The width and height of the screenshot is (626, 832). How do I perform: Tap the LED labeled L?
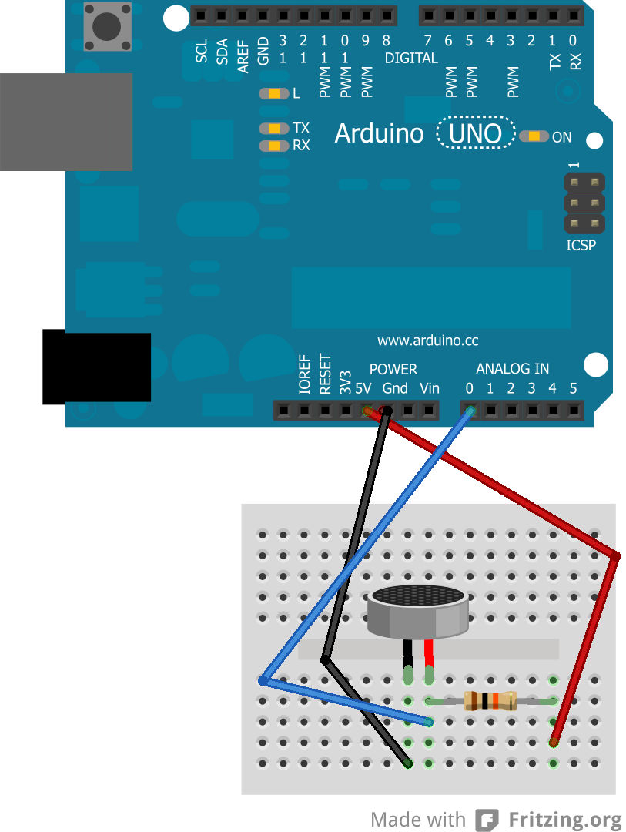(274, 94)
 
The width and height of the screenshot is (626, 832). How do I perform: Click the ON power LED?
(534, 136)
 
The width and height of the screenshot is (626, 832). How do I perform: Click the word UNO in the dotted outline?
(475, 134)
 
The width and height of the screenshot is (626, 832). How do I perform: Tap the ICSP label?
(581, 246)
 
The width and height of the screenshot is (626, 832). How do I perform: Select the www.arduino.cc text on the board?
(427, 341)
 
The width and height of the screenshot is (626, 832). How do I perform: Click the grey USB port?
(65, 122)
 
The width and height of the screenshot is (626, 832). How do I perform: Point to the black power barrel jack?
(96, 367)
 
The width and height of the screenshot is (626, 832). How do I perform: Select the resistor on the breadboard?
(489, 701)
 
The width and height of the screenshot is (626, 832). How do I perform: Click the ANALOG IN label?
(512, 369)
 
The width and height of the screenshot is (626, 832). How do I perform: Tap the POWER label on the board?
(393, 369)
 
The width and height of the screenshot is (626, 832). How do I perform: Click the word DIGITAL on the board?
(411, 58)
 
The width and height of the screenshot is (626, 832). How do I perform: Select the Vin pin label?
(429, 388)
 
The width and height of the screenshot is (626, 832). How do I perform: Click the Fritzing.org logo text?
(564, 820)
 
